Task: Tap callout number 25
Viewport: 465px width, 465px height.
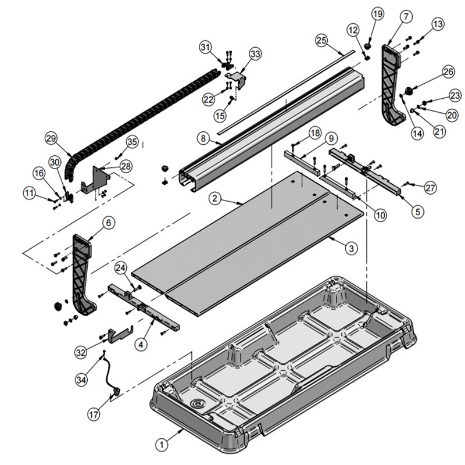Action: tap(322, 40)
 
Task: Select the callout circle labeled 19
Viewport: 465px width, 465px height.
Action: tap(378, 14)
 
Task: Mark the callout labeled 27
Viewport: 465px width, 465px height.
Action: tap(430, 188)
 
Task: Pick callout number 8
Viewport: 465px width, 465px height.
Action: tap(203, 139)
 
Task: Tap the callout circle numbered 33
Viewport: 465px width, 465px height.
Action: tap(255, 53)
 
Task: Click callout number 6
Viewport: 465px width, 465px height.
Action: tap(109, 221)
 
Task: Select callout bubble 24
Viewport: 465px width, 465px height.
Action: tap(120, 267)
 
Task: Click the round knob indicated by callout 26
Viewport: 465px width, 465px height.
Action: tap(409, 90)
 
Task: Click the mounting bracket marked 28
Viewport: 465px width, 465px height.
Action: tap(96, 178)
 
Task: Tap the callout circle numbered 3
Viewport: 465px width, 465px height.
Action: tap(350, 248)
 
